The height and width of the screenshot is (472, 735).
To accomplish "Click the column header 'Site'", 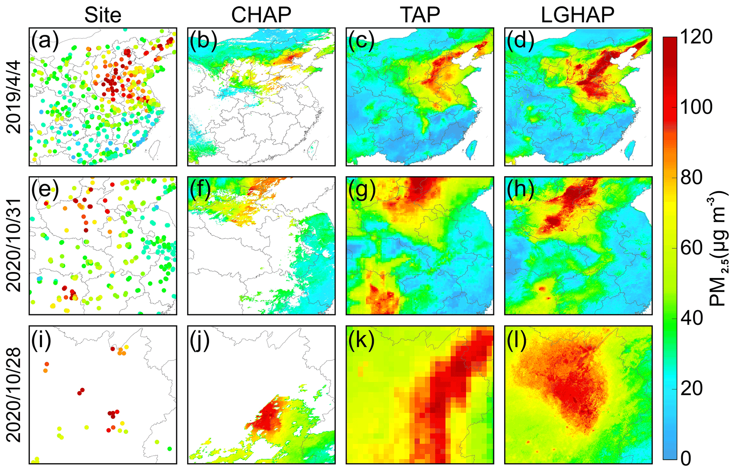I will click(x=103, y=15).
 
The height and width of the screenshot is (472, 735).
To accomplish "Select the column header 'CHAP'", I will click(x=261, y=15).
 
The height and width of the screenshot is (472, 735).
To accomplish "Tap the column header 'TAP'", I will click(x=420, y=15).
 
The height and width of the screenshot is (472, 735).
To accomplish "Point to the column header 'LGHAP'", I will click(x=577, y=15).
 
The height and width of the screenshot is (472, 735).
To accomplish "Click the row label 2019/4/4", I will click(x=14, y=97).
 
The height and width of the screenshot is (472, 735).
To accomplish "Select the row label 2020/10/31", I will click(x=14, y=245).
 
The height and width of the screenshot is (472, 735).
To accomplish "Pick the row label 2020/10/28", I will click(x=14, y=395).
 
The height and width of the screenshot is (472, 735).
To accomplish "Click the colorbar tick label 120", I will click(x=696, y=37).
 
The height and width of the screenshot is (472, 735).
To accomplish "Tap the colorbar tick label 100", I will click(x=696, y=107).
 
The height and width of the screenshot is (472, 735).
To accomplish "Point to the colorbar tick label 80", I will click(x=692, y=177).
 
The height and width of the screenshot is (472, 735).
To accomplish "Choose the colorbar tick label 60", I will click(x=692, y=248).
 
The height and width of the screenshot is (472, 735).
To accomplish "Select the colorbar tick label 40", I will click(x=692, y=318).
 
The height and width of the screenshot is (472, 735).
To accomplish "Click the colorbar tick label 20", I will click(x=692, y=388).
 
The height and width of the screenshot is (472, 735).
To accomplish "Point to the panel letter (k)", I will click(x=361, y=340).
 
